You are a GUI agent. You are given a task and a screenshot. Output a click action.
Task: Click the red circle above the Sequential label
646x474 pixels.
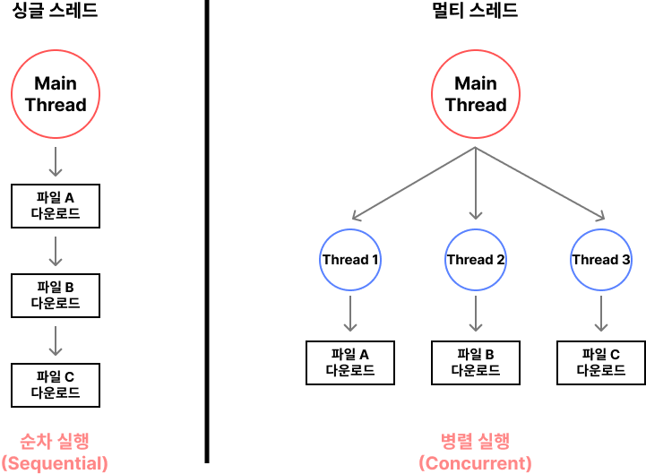point(56,94)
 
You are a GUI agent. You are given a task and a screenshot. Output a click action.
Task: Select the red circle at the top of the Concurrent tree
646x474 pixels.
point(476,94)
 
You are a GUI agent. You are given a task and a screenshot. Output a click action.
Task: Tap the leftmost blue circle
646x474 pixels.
point(350,260)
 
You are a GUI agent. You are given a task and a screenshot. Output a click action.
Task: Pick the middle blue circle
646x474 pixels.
point(476,260)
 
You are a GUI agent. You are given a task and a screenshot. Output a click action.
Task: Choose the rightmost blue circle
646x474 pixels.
point(601,260)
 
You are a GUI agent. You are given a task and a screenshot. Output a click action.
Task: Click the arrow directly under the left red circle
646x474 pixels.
point(56,161)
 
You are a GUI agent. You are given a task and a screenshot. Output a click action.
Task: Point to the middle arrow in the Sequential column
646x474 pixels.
point(56,251)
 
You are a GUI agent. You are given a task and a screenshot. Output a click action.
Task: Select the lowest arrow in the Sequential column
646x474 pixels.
point(56,340)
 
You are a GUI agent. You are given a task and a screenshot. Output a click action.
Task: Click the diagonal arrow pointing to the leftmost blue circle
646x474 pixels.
point(413,184)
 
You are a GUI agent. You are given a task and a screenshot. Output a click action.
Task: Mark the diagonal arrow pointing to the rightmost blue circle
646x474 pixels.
point(540,184)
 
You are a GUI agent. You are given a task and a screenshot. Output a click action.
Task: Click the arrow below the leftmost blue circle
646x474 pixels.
point(350,314)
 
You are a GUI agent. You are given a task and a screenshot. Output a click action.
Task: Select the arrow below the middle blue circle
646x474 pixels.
point(476,314)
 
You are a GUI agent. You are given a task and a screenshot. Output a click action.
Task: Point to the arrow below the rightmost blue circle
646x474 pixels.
point(601,314)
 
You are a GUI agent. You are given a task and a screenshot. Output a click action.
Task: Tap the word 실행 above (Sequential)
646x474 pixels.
point(73,441)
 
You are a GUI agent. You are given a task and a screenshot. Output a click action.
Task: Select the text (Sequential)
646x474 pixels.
point(55,463)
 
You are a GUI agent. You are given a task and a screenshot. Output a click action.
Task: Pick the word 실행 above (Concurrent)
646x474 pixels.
point(494,441)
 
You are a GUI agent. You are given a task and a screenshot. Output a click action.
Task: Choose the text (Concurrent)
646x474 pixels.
point(475,463)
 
